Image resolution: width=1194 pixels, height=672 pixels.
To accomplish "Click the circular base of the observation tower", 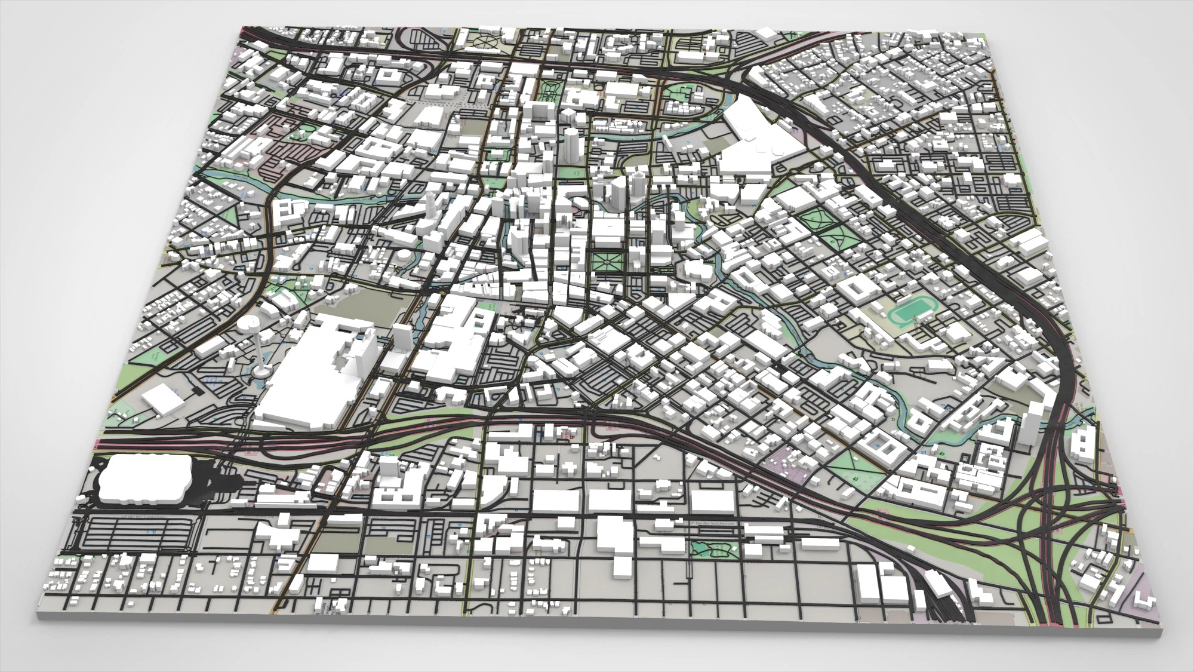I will [x=260, y=372].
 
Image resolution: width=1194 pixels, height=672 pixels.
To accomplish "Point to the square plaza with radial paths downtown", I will [x=608, y=261].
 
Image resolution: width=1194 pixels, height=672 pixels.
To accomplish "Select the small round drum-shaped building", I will [x=405, y=256].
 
